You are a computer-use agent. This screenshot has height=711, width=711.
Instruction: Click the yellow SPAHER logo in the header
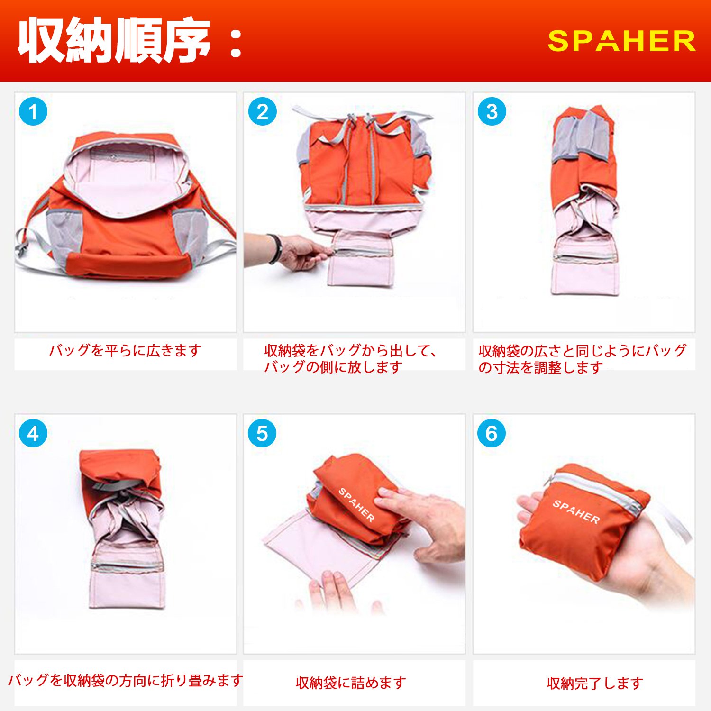621,41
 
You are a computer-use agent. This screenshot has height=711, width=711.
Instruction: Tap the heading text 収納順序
114,40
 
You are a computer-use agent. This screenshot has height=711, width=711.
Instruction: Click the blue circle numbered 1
33,112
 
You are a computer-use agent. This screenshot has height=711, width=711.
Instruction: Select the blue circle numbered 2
262,112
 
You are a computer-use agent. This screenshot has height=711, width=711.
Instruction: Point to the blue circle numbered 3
492,112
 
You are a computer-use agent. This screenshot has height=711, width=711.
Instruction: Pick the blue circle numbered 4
33,433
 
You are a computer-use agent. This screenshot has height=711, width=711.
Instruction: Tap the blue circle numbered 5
262,433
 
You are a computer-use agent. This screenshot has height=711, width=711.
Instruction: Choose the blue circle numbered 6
492,433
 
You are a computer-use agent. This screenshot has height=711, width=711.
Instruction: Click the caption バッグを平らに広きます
125,350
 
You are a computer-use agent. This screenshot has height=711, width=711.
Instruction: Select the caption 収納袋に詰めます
351,683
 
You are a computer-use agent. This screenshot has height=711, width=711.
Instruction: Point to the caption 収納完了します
595,683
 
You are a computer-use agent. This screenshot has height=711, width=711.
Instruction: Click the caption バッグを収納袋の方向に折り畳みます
126,680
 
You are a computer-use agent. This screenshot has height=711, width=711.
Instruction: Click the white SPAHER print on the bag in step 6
576,511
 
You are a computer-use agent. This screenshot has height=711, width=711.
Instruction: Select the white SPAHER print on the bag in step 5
356,505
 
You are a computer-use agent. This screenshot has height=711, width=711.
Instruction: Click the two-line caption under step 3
582,359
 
